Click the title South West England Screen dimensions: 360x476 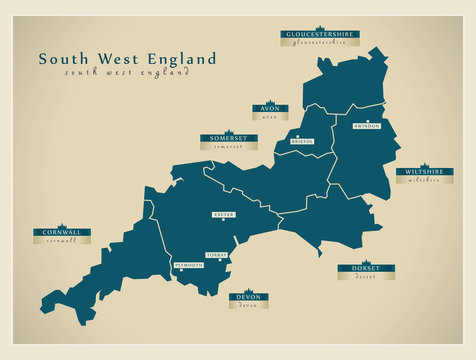[127, 59]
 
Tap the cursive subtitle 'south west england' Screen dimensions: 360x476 [126, 73]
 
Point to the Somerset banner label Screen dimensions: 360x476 [228, 138]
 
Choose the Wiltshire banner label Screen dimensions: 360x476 [425, 172]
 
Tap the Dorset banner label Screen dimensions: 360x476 [365, 268]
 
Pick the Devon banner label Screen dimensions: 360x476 [247, 297]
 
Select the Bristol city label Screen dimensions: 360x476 [302, 142]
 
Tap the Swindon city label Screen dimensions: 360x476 [367, 126]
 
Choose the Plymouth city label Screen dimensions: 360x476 [188, 265]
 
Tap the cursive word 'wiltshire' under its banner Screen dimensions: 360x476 [425, 181]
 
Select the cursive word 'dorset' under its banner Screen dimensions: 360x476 [365, 277]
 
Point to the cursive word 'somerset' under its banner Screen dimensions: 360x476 [228, 147]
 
